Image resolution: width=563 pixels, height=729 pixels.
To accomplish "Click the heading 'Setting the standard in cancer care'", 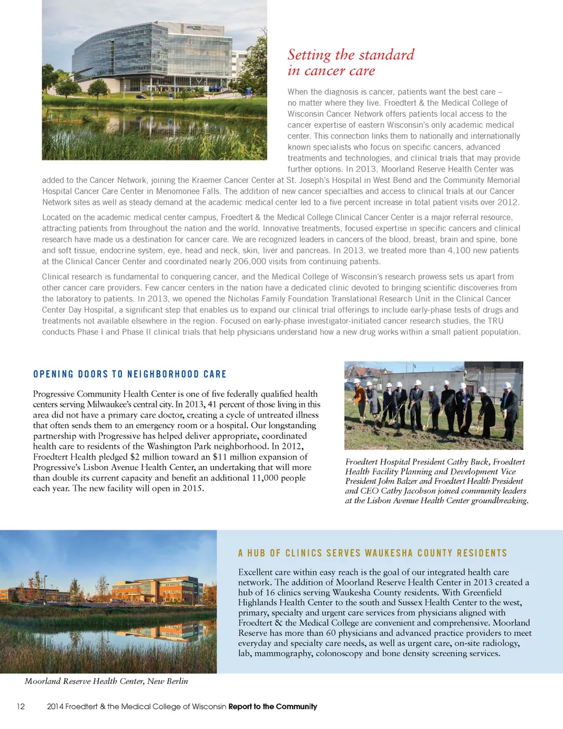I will tap(351, 63).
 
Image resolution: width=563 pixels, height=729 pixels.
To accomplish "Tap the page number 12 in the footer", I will tap(21, 706).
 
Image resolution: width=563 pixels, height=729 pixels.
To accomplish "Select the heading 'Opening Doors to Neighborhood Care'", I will tap(130, 374).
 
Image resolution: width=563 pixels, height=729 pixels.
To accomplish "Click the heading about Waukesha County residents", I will tap(372, 553).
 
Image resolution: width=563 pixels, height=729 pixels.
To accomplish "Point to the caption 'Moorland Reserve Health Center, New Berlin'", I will tap(106, 681).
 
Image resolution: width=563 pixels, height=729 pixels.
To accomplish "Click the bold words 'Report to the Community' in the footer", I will tap(273, 706).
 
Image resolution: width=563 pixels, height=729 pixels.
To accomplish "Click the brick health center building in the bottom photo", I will tap(155, 589).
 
